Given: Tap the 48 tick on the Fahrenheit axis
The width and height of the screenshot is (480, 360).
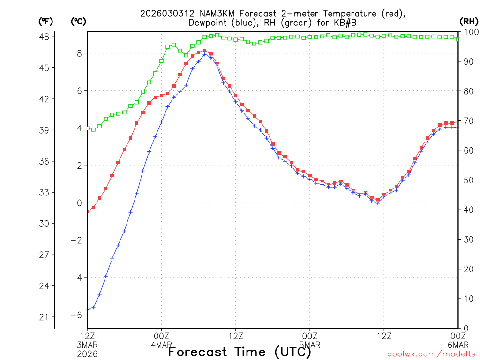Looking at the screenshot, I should pos(47,37).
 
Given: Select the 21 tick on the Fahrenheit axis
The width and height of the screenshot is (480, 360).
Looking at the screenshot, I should pos(47,317).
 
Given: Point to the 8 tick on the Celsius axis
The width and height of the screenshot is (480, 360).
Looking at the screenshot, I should pos(79,53).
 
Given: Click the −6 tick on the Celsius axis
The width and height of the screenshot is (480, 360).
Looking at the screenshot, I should pos(76,315).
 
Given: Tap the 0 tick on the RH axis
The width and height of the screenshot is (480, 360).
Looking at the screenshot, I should pos(465,328).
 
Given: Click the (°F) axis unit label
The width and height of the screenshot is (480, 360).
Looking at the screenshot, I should pos(46,21).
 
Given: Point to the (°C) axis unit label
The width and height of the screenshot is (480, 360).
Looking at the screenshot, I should pos(78,21).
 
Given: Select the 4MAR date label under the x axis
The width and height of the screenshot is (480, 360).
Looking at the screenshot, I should pos(161,345).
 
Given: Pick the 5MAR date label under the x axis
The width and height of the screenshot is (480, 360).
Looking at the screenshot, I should pos(310,345).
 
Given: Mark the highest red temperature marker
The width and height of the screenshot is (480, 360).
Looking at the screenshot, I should pos(205,51).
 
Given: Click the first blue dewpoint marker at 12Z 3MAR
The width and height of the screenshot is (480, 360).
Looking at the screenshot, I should pos(87,309).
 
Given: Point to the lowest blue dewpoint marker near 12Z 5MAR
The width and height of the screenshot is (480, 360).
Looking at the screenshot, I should pos(377,203).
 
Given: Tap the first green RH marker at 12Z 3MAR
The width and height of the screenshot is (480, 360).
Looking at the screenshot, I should pos(87,128).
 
